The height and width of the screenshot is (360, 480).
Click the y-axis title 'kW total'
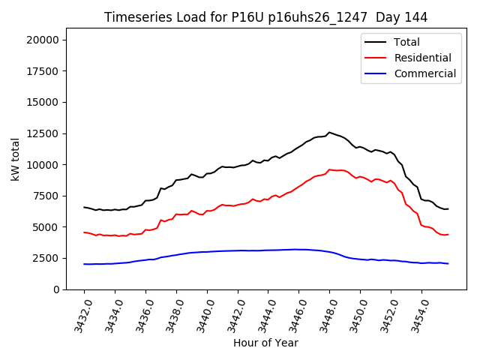click(16, 158)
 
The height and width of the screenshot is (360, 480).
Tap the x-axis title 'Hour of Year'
click(265, 343)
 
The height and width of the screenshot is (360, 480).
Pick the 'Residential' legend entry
click(423, 58)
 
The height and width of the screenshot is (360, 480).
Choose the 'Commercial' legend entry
click(425, 73)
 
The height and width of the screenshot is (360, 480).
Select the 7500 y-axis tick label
click(49, 196)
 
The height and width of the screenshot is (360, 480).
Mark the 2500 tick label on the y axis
click(49, 258)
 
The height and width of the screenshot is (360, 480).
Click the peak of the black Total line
click(329, 132)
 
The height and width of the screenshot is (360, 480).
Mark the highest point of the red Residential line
click(329, 169)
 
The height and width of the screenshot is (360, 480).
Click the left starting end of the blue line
click(84, 264)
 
